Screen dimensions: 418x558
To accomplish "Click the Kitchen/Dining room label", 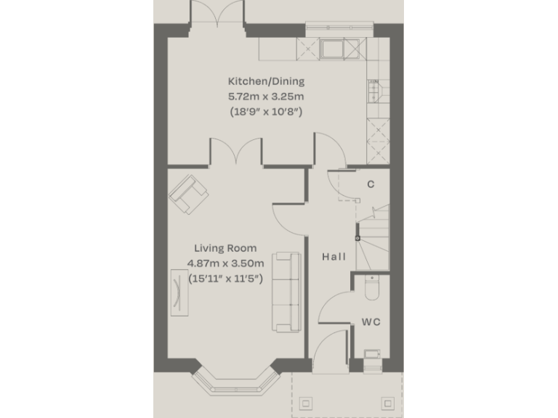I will [x=267, y=81].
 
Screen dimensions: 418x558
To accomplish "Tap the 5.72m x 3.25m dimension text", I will [x=267, y=96].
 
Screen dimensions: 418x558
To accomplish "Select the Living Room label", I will [x=225, y=248].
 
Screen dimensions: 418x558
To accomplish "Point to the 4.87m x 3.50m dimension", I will [x=225, y=263].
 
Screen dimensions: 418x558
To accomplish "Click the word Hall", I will [x=334, y=257].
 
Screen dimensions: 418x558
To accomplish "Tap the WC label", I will [x=371, y=321].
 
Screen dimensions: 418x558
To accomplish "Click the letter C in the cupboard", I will [x=371, y=184].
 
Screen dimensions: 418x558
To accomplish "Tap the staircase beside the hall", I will [x=373, y=236].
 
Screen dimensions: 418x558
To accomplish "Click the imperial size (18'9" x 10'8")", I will [x=267, y=112].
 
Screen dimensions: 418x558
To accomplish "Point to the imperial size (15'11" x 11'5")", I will [x=225, y=278].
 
